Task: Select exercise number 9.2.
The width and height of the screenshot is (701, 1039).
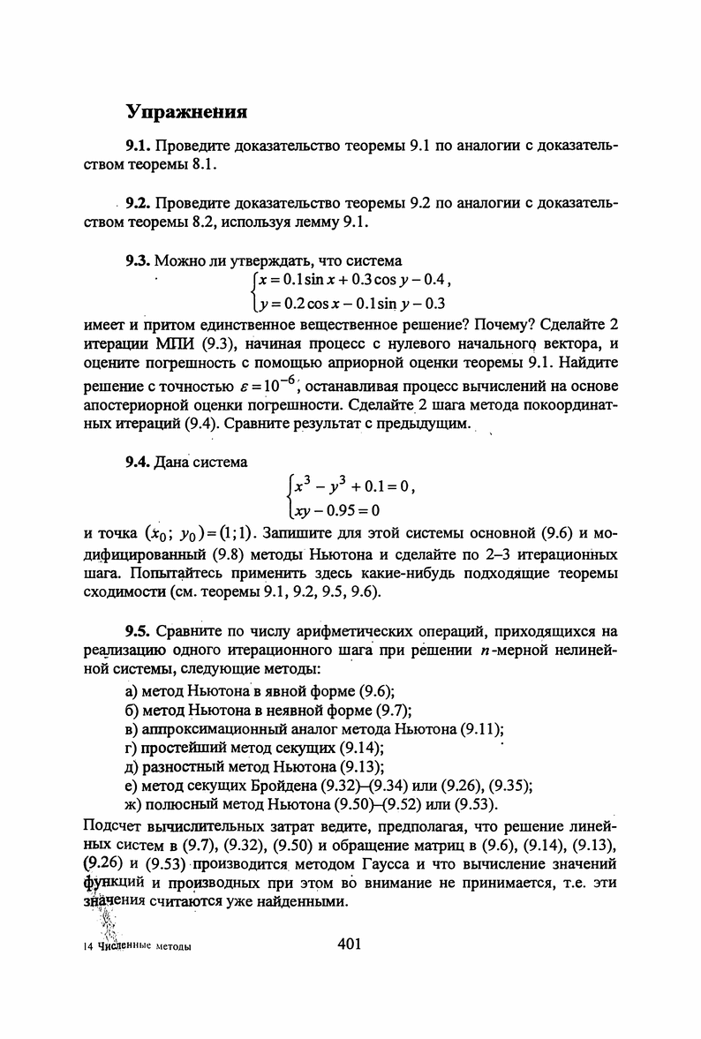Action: [139, 204]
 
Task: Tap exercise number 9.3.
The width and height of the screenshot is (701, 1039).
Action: [139, 260]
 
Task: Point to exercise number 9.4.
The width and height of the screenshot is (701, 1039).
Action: [139, 461]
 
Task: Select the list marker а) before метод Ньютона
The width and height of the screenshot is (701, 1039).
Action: [134, 690]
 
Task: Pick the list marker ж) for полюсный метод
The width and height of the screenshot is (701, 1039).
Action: [135, 805]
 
